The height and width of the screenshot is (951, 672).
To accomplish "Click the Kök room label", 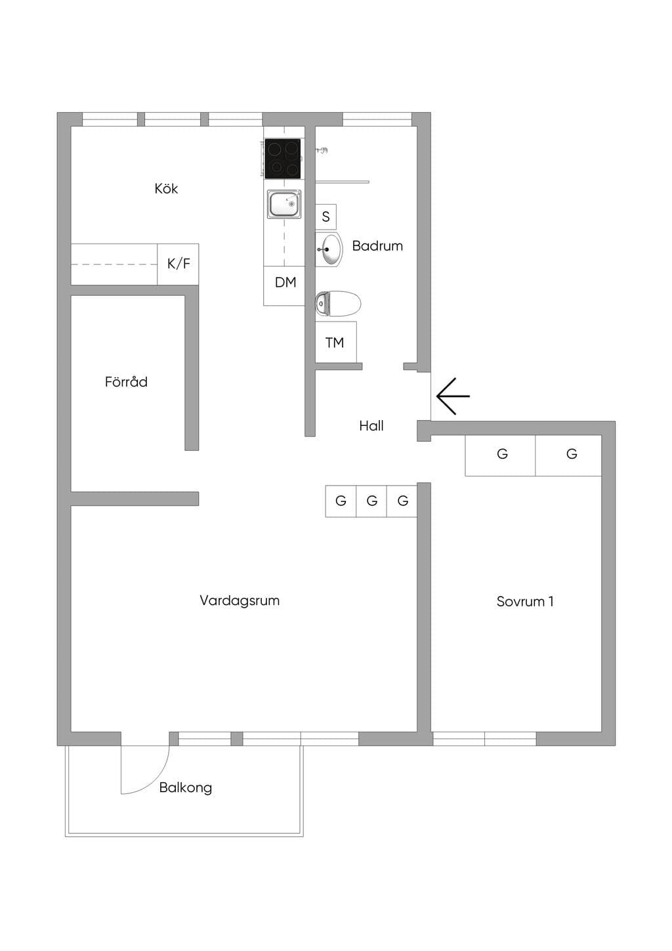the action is (x=166, y=188).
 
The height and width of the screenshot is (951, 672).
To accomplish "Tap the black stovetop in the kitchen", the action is (x=282, y=158).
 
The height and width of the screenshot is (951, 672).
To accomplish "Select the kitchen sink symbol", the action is (x=284, y=204).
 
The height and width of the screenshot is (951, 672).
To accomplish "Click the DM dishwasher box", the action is (x=284, y=285).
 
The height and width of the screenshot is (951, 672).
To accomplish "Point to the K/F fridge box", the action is (x=178, y=264).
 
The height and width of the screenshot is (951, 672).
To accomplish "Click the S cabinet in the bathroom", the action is (x=325, y=217).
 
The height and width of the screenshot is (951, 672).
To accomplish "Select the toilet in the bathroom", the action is (x=338, y=304).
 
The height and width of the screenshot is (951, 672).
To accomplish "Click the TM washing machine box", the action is (x=336, y=342).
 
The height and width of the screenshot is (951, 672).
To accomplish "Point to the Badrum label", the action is (x=377, y=246).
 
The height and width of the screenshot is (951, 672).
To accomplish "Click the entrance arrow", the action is (x=453, y=396).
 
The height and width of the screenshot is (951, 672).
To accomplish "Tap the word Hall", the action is (x=371, y=426).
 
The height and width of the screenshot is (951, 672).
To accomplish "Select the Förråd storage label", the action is (x=126, y=382).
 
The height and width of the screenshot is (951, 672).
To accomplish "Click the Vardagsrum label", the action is (x=240, y=601).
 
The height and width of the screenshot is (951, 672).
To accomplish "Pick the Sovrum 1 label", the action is (x=525, y=602).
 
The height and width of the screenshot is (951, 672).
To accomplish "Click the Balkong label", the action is (x=186, y=788).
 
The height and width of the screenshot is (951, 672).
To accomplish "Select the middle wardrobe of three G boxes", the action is (x=371, y=501).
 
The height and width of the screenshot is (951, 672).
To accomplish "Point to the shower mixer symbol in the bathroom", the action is (x=322, y=150).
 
